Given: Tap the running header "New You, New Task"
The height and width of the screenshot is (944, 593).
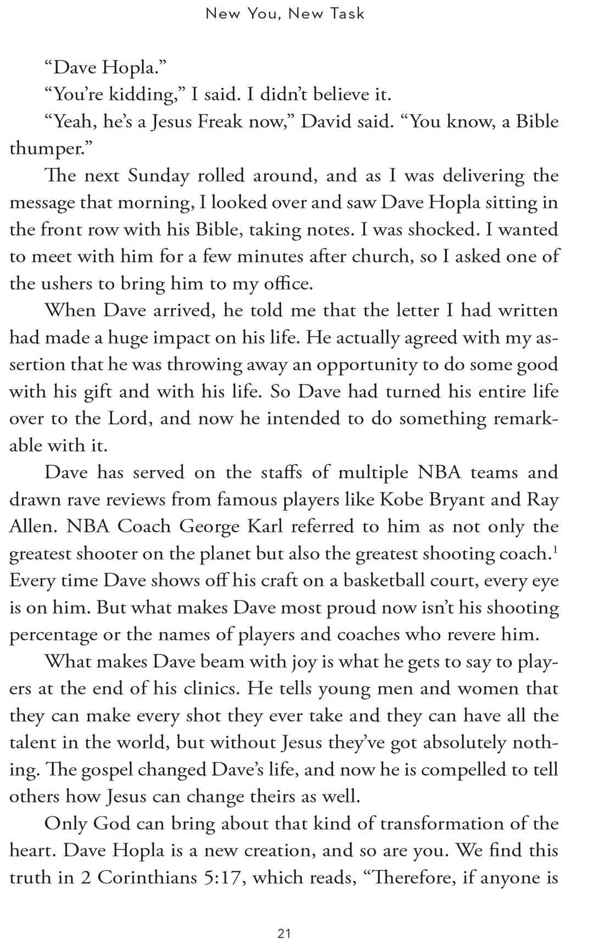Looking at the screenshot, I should click(x=285, y=14).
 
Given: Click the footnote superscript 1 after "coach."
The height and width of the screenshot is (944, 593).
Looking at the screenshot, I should click(x=555, y=549).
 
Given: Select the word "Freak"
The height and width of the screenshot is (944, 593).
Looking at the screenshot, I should click(x=220, y=121).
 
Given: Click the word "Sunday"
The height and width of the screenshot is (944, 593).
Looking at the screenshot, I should click(x=158, y=176).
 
